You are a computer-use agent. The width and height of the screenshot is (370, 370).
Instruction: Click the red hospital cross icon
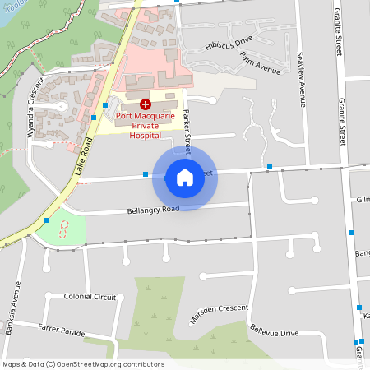coord(146,104)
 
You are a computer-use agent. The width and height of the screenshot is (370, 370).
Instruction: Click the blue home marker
coord(185,178)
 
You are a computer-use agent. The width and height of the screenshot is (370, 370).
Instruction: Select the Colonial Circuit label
coord(90,296)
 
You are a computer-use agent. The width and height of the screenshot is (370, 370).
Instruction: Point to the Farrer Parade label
coord(62,331)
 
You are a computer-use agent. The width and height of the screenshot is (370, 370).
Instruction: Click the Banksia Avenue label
coord(14,303)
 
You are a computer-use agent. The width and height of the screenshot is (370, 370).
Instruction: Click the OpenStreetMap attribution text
coord(83,364)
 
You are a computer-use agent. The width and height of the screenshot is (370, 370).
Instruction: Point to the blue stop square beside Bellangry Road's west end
coord(47,220)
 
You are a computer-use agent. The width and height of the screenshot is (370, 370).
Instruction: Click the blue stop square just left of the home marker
coord(146,174)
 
